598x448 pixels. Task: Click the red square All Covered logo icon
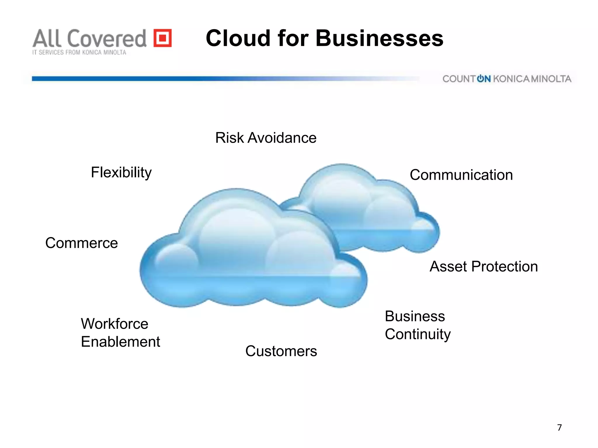click(163, 38)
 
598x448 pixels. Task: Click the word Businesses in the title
click(379, 38)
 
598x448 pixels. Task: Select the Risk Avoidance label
click(266, 138)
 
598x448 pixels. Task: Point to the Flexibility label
click(121, 172)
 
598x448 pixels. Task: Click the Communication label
click(461, 175)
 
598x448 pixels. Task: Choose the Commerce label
click(81, 243)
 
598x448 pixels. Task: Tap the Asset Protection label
click(484, 267)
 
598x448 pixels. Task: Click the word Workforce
click(114, 324)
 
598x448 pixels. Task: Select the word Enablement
click(120, 342)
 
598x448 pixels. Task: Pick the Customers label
click(281, 351)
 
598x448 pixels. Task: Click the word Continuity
click(418, 334)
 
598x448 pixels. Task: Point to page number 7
click(559, 428)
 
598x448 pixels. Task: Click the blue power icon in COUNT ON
click(480, 79)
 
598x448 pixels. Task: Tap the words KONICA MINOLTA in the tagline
click(532, 79)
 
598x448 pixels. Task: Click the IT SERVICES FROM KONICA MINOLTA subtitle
click(79, 52)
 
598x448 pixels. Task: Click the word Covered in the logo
click(107, 38)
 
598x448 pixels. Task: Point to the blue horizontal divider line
click(175, 78)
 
